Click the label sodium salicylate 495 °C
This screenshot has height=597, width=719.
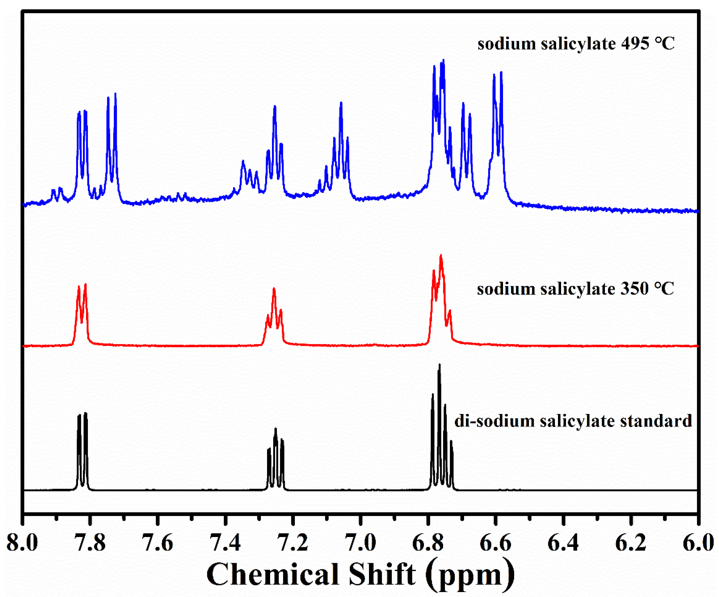[576, 44]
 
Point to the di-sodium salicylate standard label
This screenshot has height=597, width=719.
[573, 421]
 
